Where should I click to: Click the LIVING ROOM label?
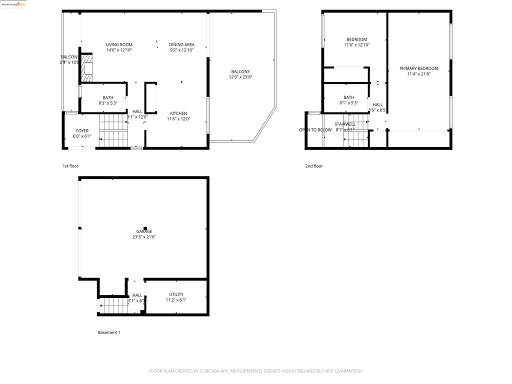(119, 44)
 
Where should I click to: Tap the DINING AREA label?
(181, 44)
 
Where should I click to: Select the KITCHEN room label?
(178, 113)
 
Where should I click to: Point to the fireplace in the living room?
(87, 67)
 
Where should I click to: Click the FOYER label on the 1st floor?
(82, 130)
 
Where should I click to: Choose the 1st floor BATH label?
(108, 98)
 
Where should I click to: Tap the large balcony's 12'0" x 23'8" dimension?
(240, 77)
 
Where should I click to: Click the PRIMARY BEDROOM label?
(418, 68)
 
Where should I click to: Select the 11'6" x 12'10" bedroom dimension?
(356, 45)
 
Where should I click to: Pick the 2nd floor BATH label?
(348, 97)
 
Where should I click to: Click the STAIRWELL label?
(345, 124)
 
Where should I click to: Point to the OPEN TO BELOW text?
(315, 130)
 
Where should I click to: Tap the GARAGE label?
(144, 231)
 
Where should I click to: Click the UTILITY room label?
(176, 294)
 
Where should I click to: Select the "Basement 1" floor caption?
(109, 332)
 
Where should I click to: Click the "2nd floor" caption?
(314, 166)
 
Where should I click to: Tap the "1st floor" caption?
(70, 166)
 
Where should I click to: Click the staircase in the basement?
(112, 304)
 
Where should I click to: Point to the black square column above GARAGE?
(145, 228)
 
